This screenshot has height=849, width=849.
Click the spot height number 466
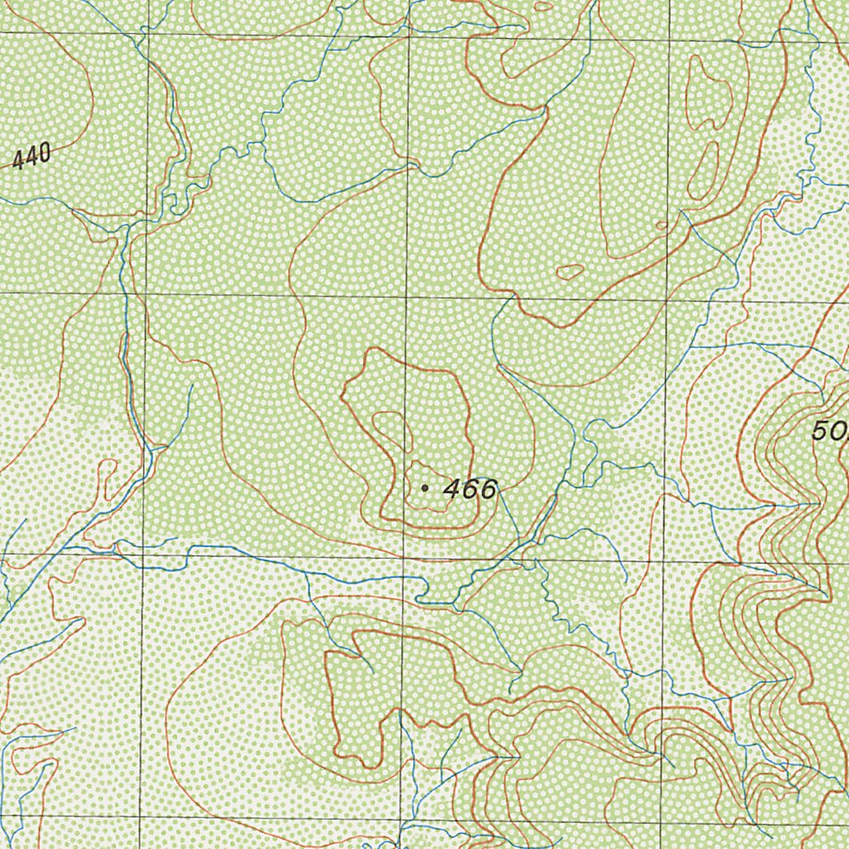tap(469, 489)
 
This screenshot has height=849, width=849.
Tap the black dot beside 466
tap(424, 488)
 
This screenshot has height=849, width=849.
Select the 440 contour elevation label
tap(32, 155)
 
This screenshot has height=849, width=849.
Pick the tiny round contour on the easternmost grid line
tap(661, 225)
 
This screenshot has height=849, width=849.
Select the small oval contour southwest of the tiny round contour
tap(570, 271)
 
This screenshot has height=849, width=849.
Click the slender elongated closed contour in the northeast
tap(706, 174)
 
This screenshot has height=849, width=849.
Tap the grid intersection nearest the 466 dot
tap(402, 556)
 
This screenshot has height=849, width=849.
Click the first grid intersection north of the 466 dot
tap(407, 296)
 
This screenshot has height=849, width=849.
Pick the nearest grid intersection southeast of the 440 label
tap(146, 294)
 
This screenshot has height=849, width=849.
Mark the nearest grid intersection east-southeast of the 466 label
tap(663, 559)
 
